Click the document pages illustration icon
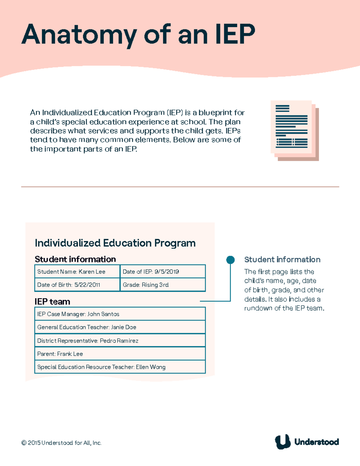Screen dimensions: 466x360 pyautogui.click(x=294, y=130)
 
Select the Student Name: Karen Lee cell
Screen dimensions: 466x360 pyautogui.click(x=77, y=272)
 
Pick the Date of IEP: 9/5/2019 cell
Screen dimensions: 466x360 pyautogui.click(x=163, y=272)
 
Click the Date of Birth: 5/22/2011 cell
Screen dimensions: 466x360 pyautogui.click(x=77, y=285)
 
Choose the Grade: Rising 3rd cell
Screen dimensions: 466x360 pyautogui.click(x=163, y=285)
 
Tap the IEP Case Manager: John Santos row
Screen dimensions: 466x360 pyautogui.click(x=120, y=314)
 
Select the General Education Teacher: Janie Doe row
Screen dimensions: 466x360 pyautogui.click(x=120, y=327)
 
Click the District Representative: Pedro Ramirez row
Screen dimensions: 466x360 pyautogui.click(x=120, y=341)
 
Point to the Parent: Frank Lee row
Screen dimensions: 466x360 pyautogui.click(x=120, y=354)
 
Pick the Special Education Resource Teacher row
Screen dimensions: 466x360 pyautogui.click(x=120, y=367)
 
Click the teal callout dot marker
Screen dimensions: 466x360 pyautogui.click(x=230, y=260)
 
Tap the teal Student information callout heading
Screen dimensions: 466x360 pyautogui.click(x=282, y=260)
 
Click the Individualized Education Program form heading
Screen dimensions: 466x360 pyautogui.click(x=115, y=243)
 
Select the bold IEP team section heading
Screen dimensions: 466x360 pyautogui.click(x=52, y=302)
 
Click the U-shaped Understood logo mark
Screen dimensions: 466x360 pyautogui.click(x=283, y=442)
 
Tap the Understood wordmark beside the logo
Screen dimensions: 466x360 pyautogui.click(x=316, y=442)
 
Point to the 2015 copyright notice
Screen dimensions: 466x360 pyautogui.click(x=61, y=443)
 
